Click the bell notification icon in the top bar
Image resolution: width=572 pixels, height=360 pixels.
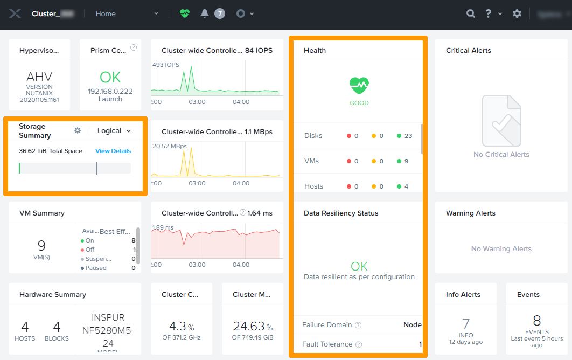(205, 13)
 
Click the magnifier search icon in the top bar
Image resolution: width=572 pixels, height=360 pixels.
(471, 13)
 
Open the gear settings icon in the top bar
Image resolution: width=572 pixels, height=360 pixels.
(517, 13)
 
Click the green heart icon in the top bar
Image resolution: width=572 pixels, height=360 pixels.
(185, 13)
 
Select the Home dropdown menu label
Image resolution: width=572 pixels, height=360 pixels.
(106, 13)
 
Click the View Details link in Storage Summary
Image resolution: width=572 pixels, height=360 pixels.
(113, 151)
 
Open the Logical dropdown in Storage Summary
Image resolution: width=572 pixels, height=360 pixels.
(114, 130)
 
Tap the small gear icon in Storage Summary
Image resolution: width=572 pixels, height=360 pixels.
(78, 130)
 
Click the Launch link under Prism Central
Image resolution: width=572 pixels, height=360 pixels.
(110, 99)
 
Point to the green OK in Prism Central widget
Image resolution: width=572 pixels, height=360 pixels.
(110, 77)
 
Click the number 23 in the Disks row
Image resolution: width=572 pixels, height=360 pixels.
(408, 136)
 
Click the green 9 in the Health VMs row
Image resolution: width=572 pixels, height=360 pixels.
(406, 161)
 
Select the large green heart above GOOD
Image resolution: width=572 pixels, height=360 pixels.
(359, 85)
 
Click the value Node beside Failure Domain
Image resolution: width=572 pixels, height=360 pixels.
(412, 325)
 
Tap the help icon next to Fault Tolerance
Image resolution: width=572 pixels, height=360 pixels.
(359, 344)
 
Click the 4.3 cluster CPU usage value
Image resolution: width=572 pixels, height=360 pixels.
(177, 326)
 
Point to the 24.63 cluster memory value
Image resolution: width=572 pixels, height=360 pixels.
(248, 326)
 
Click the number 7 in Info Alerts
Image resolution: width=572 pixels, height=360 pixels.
(466, 323)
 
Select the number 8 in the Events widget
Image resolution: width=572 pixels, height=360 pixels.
(536, 321)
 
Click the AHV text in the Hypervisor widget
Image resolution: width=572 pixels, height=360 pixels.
(39, 77)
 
